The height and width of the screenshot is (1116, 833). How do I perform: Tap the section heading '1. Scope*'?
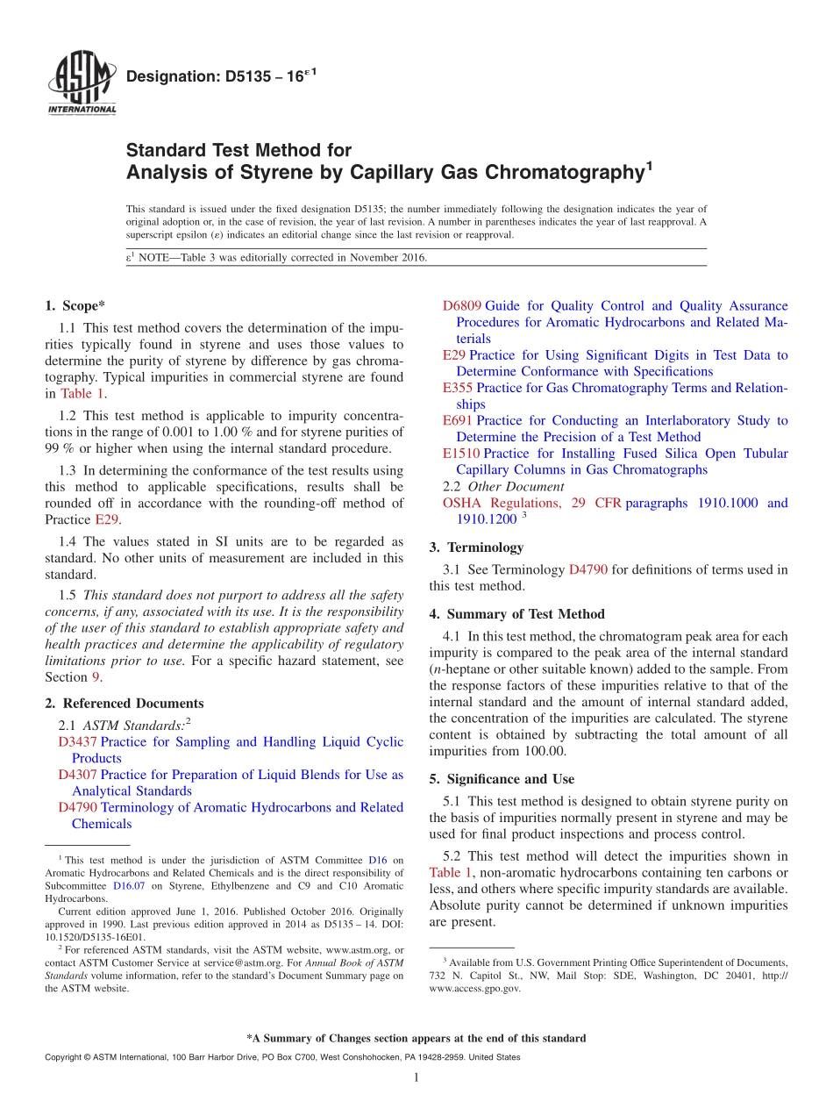coord(75,305)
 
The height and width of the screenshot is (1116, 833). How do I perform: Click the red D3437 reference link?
coord(78,742)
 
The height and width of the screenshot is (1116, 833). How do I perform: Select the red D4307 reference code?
coord(78,775)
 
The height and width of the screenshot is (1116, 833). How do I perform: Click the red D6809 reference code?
coord(462,306)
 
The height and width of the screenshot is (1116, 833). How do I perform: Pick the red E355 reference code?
coord(459,388)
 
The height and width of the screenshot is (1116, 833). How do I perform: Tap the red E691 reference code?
coord(459,420)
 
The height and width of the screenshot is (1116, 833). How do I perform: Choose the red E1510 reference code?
coord(462,454)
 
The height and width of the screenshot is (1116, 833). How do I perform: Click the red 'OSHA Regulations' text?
coord(501,503)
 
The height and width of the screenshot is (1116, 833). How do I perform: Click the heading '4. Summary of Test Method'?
coord(516,614)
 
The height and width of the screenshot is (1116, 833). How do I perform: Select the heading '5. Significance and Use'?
coord(502,779)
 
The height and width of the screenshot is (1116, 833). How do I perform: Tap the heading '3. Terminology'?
coord(476,547)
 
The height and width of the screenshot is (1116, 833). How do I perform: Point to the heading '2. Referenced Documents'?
coord(125,704)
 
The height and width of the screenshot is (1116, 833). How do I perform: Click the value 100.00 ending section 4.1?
coord(545,751)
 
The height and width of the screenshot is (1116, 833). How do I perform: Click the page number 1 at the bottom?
coord(416,1077)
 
